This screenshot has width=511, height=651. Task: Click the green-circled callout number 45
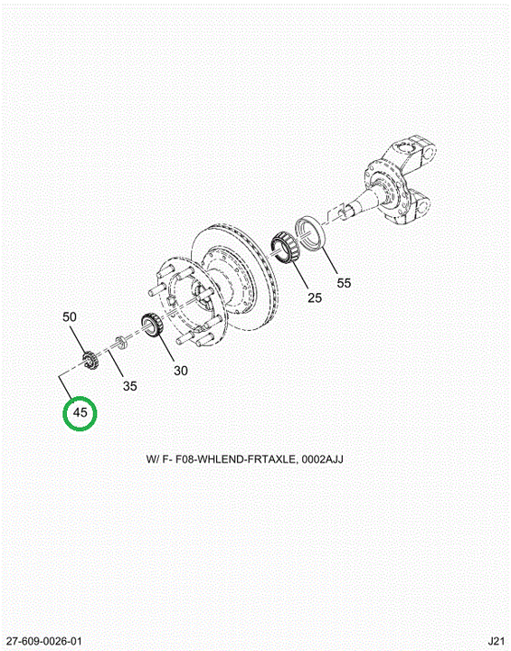80,412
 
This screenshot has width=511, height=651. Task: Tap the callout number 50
70,316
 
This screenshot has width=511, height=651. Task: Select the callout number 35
129,386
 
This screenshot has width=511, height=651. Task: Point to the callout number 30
181,370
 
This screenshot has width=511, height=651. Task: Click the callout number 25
315,297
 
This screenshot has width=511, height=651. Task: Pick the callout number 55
344,283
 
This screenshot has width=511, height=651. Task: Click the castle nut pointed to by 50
90,360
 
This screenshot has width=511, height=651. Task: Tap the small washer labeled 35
120,343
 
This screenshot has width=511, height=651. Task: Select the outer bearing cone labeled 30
152,325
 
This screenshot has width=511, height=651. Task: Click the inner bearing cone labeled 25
287,249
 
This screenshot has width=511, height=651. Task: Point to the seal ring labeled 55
310,233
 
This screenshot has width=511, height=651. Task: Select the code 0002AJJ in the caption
322,459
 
